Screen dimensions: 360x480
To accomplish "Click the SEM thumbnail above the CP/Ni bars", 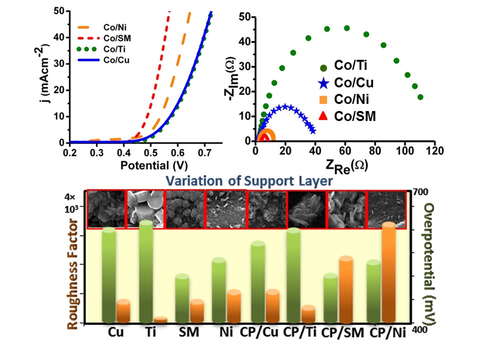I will click(385, 208).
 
